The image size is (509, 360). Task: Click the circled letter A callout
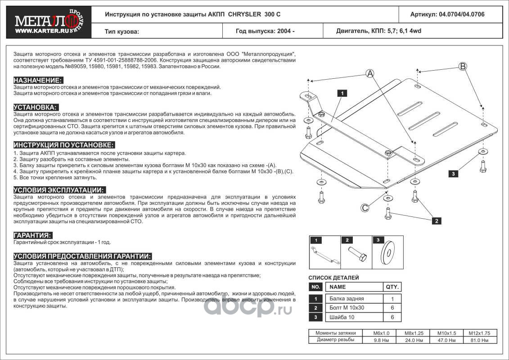[370, 73]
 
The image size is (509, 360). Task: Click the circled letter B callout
[462, 66]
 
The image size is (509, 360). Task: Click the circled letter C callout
[365, 207]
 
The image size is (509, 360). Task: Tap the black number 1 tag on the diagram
[342, 94]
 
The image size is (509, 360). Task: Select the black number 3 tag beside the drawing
[454, 174]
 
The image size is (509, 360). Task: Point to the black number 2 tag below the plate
[436, 220]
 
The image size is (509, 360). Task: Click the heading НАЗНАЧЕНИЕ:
[38, 80]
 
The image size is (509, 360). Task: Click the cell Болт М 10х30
[347, 308]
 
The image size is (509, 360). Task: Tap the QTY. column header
[392, 287]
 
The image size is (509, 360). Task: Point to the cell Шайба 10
[343, 317]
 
